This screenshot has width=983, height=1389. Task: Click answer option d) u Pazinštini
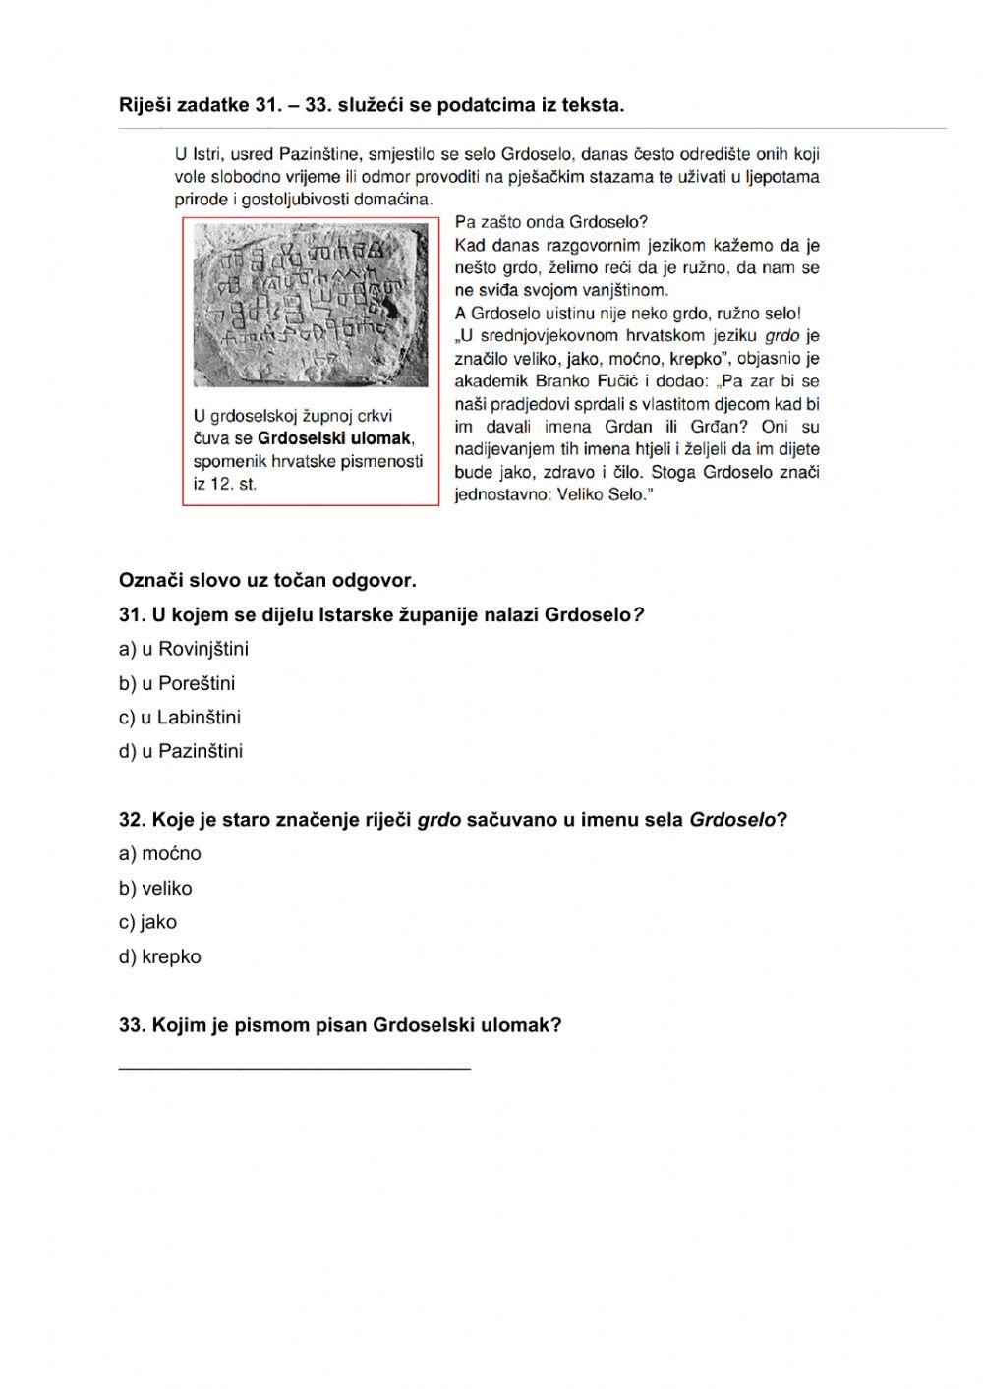point(181,752)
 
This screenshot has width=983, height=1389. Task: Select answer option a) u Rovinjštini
point(184,649)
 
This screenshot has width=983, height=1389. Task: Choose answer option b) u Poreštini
point(177,683)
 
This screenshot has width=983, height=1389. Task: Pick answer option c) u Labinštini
point(180,718)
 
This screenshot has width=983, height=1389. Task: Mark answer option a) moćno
point(160,854)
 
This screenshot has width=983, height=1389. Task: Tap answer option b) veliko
point(155,889)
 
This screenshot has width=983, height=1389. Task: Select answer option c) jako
point(147,922)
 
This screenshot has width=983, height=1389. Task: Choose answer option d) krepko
point(160,956)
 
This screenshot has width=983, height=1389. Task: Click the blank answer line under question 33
point(295,1064)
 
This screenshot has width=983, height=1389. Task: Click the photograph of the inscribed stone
point(311,304)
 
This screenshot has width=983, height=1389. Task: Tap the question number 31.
point(132,615)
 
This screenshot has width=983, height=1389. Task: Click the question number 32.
point(132,820)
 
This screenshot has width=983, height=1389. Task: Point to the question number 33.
point(132,1025)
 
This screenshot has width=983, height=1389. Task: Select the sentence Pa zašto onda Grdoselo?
point(550,222)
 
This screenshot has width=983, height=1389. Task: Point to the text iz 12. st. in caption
point(225,484)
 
